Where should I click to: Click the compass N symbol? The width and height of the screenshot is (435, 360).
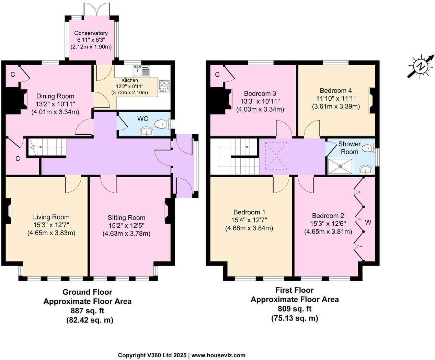pos(421,67)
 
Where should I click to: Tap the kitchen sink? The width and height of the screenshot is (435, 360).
pos(141,71)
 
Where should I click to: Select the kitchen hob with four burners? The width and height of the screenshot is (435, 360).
pos(164,86)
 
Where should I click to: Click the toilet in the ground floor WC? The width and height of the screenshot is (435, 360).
pos(163,124)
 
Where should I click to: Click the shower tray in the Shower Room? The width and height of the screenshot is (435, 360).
pos(340,166)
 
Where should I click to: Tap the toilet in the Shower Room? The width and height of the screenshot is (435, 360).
pos(369,149)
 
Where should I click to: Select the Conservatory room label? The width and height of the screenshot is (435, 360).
pos(91,33)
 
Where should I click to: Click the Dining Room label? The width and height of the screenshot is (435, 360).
pos(55,96)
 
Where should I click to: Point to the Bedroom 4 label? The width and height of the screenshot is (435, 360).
pos(336,90)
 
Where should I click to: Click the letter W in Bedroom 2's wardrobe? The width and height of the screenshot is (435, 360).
pos(368,222)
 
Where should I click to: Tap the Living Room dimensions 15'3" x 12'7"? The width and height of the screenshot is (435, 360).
pos(51,225)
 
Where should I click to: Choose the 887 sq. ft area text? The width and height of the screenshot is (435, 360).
pos(87,311)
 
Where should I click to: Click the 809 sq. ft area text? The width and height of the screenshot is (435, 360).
pos(294,309)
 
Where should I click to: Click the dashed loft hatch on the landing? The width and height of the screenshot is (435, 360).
pos(276,156)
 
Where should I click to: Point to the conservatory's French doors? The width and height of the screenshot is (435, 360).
pos(96,9)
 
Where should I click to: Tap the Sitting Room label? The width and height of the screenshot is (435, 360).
pos(126,218)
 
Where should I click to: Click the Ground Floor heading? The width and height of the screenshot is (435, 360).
pos(87,292)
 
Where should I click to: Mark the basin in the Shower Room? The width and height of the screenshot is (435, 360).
pos(366,170)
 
